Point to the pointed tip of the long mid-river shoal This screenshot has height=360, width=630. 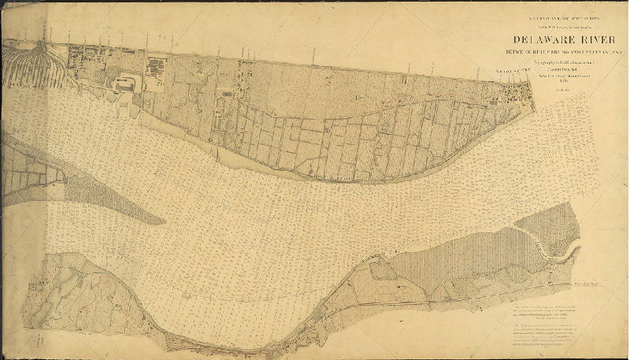[165, 220]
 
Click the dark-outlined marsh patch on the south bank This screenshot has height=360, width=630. [384, 273]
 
